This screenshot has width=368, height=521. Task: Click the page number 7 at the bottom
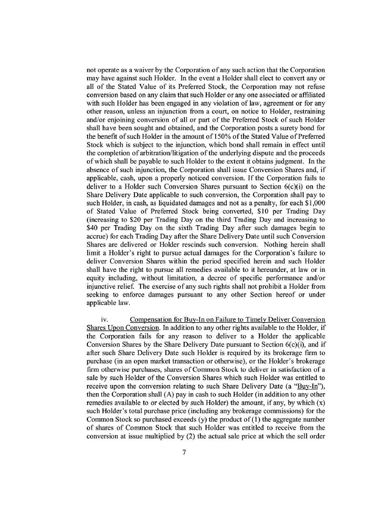click(184, 454)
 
